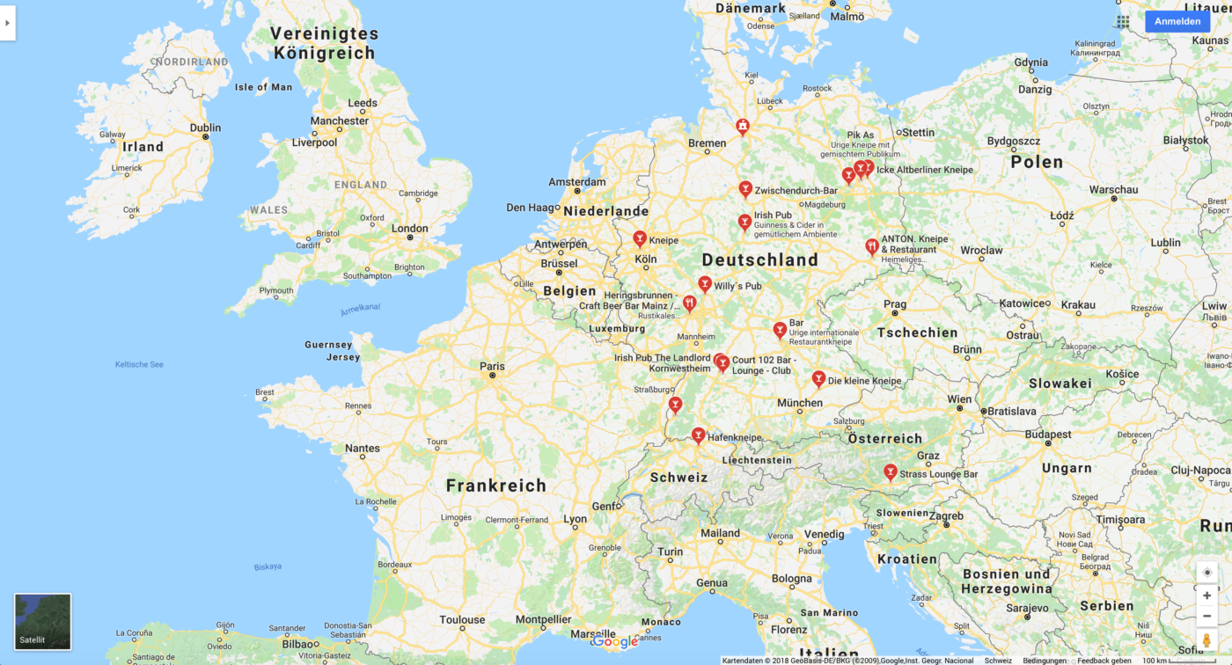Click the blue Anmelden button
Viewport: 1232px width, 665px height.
tap(1177, 21)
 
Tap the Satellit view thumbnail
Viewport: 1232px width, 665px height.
tap(42, 621)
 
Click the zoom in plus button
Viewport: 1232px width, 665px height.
tap(1206, 596)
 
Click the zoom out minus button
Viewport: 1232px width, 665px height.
tap(1206, 616)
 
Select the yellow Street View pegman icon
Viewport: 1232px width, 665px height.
tap(1206, 640)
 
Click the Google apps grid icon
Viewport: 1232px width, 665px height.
tap(1123, 21)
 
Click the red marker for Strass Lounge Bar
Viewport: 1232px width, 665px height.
tap(890, 472)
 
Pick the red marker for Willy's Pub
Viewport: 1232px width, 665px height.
tap(705, 284)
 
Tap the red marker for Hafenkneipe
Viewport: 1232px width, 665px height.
tap(698, 435)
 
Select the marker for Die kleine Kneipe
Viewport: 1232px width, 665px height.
tap(818, 379)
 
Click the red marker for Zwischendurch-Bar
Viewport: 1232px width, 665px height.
tap(745, 189)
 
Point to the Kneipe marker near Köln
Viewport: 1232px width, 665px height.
tap(640, 238)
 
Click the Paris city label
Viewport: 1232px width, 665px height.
tap(492, 366)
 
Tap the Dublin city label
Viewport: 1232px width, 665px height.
tap(205, 127)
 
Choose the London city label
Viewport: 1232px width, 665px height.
tap(409, 229)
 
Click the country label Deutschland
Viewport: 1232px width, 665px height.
tap(759, 259)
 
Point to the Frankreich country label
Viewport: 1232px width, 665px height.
tap(495, 485)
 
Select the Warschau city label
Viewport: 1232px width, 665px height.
tap(1113, 189)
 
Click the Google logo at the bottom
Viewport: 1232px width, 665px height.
tap(614, 642)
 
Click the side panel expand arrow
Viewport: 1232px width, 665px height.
tap(7, 23)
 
